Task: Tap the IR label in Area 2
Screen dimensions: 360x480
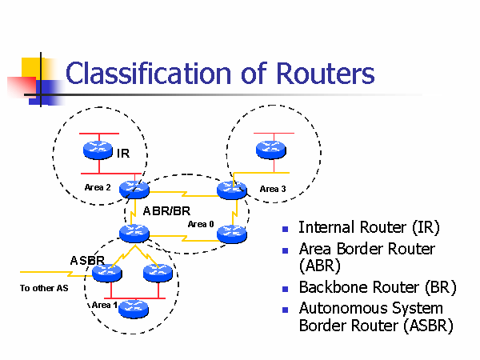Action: (x=123, y=153)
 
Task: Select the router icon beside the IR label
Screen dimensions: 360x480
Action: (x=98, y=149)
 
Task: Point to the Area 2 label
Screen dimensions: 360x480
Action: (x=98, y=187)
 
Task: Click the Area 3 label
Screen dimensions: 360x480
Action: (x=273, y=189)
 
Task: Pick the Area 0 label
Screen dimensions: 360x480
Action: (x=201, y=224)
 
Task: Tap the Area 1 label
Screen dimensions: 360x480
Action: (x=104, y=305)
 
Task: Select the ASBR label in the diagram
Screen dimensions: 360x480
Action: (x=87, y=260)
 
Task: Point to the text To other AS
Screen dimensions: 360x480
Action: (x=44, y=288)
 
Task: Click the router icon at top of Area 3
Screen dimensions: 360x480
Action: (x=269, y=149)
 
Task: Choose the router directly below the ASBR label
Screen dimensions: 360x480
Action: (x=106, y=274)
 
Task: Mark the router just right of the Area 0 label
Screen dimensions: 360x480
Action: (x=231, y=234)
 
